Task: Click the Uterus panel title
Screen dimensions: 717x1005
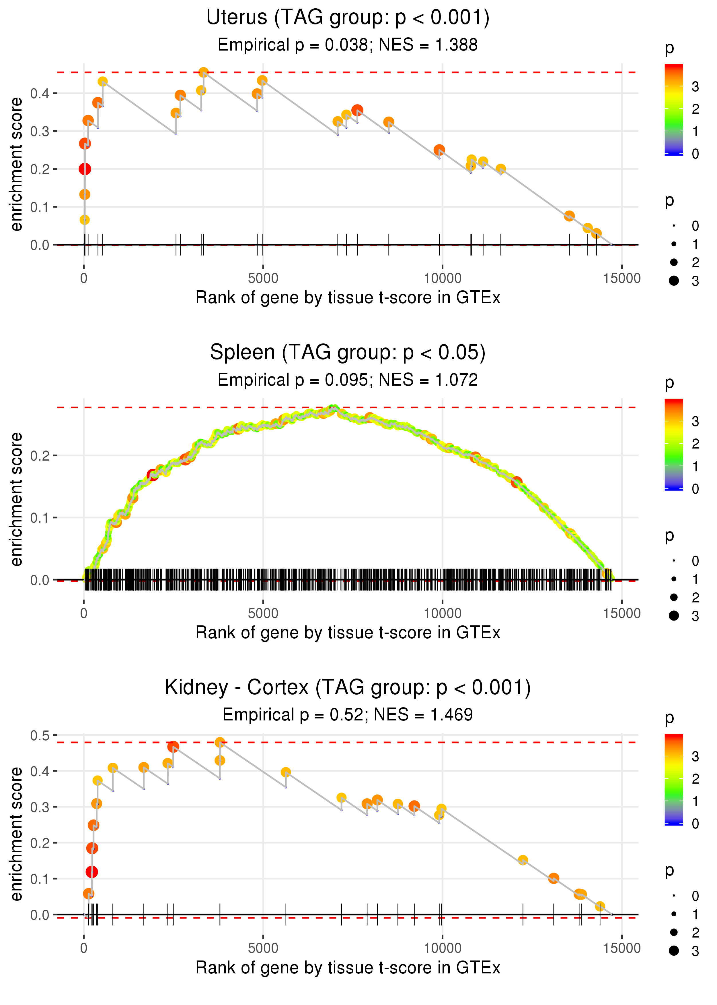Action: point(348,18)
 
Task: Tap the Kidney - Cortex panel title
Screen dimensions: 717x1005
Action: point(348,687)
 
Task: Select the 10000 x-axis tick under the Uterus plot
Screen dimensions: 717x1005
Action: point(442,279)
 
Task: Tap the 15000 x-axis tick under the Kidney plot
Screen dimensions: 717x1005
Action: point(621,948)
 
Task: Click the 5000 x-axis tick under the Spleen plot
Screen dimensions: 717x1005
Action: point(263,613)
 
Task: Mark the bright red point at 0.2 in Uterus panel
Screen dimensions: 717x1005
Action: point(85,169)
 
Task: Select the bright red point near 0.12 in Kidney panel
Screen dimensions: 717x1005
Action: point(91,872)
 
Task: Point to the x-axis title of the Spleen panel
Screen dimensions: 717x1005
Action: point(348,633)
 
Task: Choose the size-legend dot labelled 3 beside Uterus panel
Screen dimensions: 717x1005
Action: point(674,281)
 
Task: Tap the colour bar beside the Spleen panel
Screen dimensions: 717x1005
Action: point(674,444)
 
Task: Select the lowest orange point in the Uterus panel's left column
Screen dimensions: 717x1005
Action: point(84,220)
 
